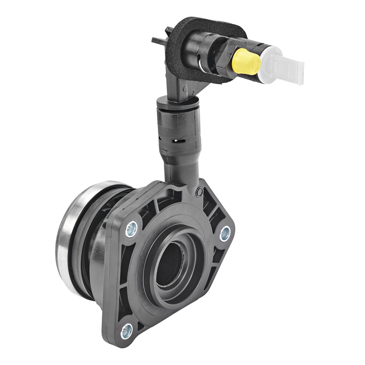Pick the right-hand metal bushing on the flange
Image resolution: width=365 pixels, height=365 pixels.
pyautogui.click(x=225, y=232)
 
